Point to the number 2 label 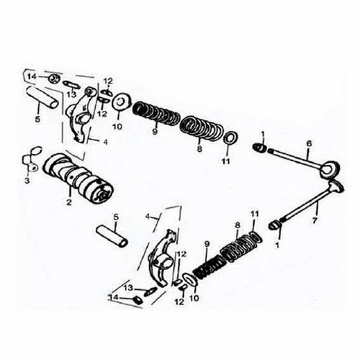(x=69, y=202)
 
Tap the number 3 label (x=27, y=180)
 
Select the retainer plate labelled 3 (x=32, y=158)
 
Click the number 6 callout (x=309, y=143)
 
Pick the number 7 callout (x=315, y=220)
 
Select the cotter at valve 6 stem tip (x=260, y=147)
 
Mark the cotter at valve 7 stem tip (x=274, y=225)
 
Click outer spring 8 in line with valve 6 (x=202, y=129)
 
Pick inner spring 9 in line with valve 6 (x=156, y=113)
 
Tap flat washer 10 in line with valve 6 (x=122, y=102)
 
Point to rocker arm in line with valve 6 (x=81, y=114)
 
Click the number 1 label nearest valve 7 (x=277, y=246)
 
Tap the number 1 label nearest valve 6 (x=263, y=134)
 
